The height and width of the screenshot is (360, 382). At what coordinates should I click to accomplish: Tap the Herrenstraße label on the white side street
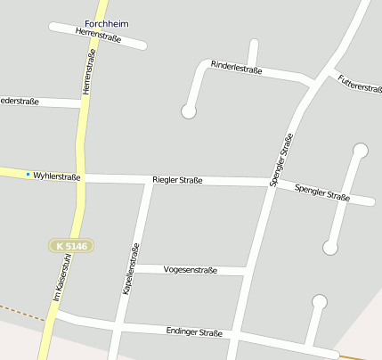click(x=98, y=34)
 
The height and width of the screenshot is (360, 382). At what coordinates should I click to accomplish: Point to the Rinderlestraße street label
click(x=236, y=68)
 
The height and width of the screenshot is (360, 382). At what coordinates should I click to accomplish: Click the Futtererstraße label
click(x=359, y=87)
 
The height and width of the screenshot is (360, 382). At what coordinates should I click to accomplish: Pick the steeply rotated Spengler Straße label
click(x=281, y=160)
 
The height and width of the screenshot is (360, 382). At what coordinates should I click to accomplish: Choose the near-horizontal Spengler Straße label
click(x=321, y=192)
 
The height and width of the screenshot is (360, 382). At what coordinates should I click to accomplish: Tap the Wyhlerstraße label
click(x=56, y=176)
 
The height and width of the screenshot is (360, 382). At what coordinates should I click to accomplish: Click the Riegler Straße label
click(x=177, y=180)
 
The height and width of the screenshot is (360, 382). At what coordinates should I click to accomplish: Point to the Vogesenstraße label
click(x=191, y=269)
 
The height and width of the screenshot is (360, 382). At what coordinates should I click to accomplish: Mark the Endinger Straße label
click(x=194, y=331)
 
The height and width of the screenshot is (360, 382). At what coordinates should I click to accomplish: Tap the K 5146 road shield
click(x=70, y=245)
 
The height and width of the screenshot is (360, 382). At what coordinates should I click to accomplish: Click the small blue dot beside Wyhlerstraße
click(x=28, y=174)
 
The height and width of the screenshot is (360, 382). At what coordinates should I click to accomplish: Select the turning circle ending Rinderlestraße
click(x=188, y=111)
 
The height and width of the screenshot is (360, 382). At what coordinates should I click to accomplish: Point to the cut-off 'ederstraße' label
click(x=19, y=102)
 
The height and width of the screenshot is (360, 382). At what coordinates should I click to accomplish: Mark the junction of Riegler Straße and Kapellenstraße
click(x=148, y=181)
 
